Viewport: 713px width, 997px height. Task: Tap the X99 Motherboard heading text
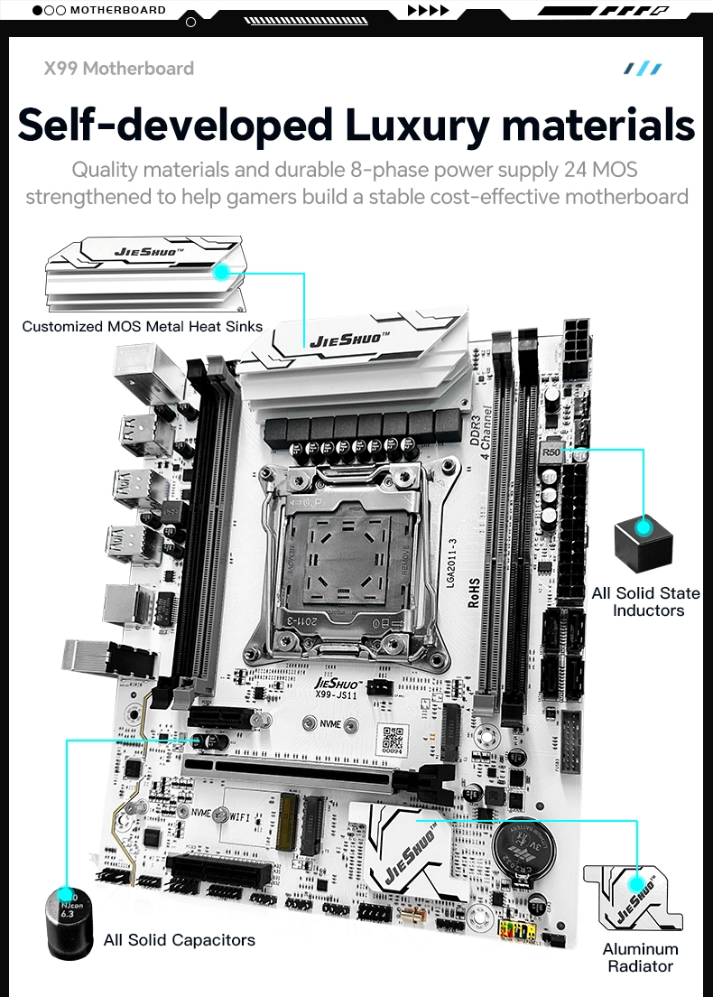click(119, 68)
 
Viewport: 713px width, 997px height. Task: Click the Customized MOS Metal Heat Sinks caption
click(143, 326)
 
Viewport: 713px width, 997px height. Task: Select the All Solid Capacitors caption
click(179, 940)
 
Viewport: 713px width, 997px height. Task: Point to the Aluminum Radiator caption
click(640, 957)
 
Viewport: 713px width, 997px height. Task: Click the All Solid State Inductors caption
click(647, 601)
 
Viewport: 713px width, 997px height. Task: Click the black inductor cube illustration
click(643, 541)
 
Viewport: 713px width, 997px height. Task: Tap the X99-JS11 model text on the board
click(337, 693)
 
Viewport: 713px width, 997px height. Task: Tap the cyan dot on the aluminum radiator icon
click(637, 883)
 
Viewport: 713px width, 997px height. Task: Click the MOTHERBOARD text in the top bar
click(117, 10)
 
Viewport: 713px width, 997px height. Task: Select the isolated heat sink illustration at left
click(144, 272)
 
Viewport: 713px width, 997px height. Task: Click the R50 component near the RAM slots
click(551, 452)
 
